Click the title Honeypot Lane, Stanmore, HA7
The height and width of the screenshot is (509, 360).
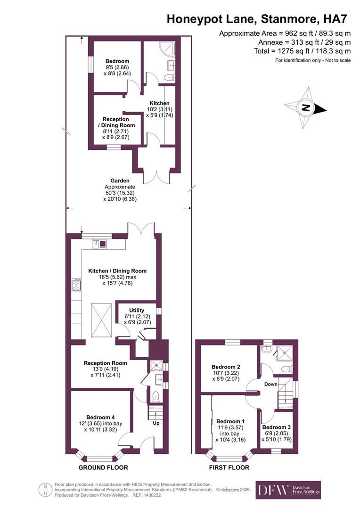pyautogui.click(x=258, y=19)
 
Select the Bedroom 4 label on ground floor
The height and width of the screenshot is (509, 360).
pyautogui.click(x=100, y=417)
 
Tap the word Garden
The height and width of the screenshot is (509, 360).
pyautogui.click(x=120, y=181)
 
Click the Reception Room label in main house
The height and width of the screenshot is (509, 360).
pyautogui.click(x=106, y=363)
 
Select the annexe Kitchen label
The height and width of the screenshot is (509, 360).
pyautogui.click(x=159, y=103)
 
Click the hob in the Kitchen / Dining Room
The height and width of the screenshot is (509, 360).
pyautogui.click(x=76, y=284)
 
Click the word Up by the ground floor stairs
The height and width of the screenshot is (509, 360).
pyautogui.click(x=156, y=423)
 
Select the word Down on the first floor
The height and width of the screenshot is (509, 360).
pyautogui.click(x=270, y=384)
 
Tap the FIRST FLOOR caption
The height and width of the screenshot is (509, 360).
pyautogui.click(x=229, y=468)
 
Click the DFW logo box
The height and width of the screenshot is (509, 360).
pyautogui.click(x=288, y=490)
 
